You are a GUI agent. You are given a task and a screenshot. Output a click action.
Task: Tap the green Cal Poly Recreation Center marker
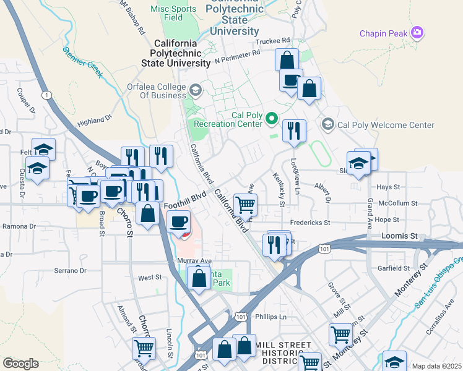271,118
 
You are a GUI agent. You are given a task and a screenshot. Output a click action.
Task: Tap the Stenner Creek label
82,61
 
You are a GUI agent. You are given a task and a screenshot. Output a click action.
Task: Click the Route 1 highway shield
46,95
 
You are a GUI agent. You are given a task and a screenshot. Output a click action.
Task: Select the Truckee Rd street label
272,41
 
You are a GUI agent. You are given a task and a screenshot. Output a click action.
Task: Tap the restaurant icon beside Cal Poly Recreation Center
294,131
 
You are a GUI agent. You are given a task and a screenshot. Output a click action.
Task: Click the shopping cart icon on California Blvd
246,205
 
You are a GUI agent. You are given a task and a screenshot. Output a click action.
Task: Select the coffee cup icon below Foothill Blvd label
179,221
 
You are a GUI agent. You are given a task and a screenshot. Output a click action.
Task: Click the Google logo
20,363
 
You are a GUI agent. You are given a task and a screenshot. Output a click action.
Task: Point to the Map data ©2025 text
436,366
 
